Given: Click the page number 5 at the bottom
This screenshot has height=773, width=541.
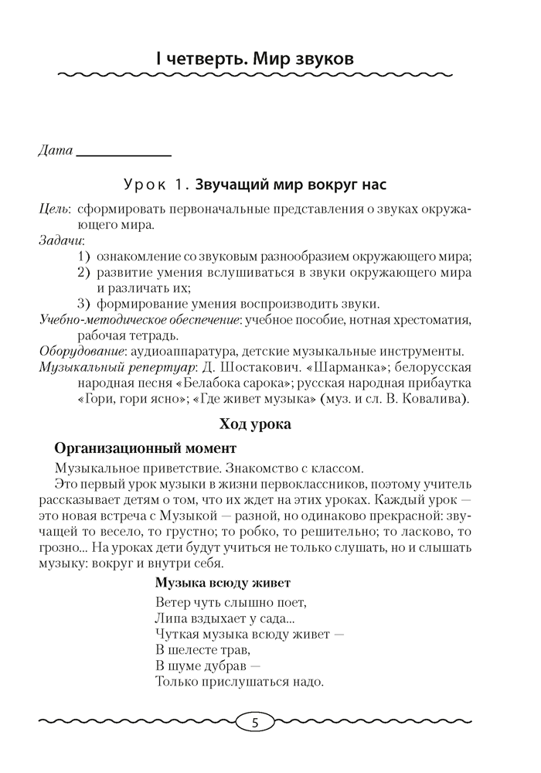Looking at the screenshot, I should point(255,724).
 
